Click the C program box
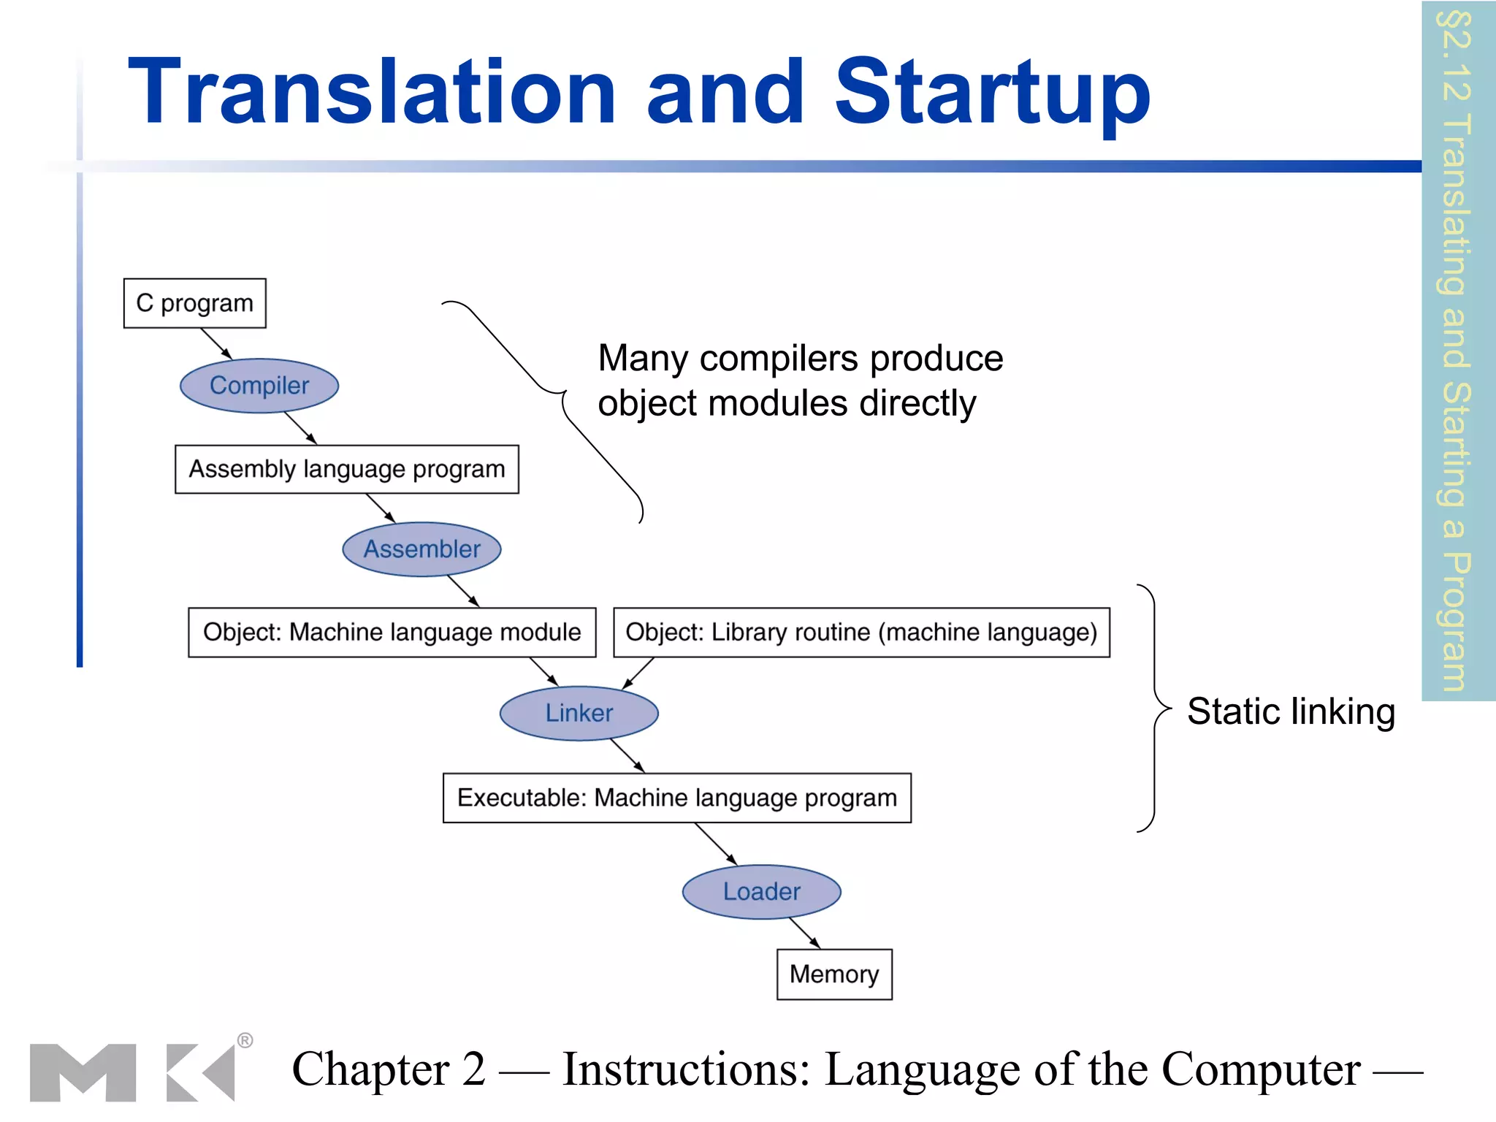(194, 303)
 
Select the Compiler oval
(259, 386)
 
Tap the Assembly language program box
(347, 469)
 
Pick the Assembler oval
(421, 549)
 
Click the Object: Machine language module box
(392, 633)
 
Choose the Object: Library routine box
(861, 633)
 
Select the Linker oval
(579, 713)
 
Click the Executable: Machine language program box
(676, 798)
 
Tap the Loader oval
(761, 892)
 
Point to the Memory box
(834, 974)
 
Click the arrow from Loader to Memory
(804, 934)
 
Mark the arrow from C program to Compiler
(216, 343)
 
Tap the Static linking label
(1291, 711)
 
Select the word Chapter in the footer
(370, 1069)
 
